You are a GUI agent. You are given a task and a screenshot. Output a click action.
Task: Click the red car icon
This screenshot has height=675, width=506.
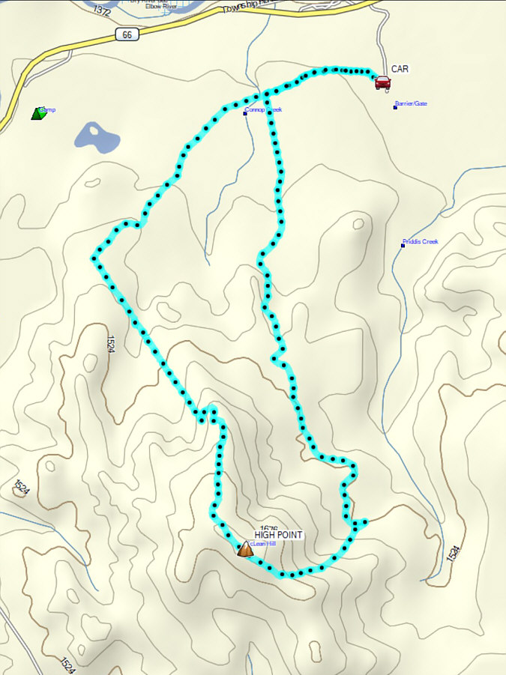382,82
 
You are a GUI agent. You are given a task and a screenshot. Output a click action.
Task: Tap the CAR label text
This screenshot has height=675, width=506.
400,69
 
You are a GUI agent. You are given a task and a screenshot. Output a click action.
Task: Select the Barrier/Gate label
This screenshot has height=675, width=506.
413,103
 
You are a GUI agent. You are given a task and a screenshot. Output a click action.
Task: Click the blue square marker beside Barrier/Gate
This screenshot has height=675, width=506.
395,107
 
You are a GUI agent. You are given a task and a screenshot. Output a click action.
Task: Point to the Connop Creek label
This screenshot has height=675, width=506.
264,110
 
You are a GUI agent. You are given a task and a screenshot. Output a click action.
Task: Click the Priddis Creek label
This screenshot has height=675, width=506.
421,242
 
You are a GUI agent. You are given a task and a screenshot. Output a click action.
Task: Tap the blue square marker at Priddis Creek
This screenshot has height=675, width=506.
403,246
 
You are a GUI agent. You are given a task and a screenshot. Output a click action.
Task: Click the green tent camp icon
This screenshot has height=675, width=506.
38,113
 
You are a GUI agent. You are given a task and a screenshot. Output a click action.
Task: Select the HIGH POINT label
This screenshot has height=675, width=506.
278,535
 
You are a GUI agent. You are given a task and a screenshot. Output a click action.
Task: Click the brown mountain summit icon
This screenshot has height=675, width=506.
244,549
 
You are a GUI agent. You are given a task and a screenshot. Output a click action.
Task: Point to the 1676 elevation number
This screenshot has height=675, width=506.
269,527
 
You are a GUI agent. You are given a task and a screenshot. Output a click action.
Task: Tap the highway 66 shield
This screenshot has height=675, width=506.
126,35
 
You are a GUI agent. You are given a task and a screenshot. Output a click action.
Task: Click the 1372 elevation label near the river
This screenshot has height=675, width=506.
103,10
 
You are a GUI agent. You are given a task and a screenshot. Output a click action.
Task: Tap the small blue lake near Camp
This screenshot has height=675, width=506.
96,137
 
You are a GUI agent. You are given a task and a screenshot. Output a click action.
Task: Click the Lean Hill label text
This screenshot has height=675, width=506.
264,544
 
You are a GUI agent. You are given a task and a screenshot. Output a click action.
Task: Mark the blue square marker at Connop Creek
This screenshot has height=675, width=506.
245,113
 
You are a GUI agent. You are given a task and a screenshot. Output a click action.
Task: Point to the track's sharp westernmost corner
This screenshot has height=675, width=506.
94,259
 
